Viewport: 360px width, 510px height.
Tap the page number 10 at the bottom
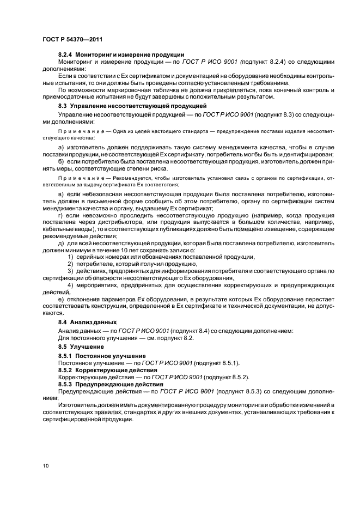[x=45, y=465]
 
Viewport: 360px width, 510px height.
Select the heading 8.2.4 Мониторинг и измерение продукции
[x=121, y=55]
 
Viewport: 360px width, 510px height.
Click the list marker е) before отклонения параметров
[x=60, y=300]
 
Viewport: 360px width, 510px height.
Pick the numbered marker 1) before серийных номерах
[x=70, y=257]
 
